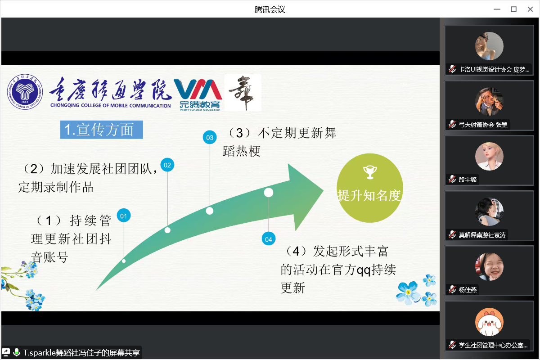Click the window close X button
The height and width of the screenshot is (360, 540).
point(530,9)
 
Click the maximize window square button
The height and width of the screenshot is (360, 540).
point(514,9)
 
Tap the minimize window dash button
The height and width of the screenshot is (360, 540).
point(497,9)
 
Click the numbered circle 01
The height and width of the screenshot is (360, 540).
point(124,216)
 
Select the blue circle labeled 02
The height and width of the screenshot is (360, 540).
point(167,165)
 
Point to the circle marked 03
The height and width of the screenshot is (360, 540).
point(210,137)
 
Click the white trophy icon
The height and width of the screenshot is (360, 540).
point(370,172)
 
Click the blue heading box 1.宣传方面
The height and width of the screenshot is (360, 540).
point(102,130)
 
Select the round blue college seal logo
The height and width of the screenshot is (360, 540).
point(25,92)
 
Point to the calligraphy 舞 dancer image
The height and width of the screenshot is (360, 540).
point(243,93)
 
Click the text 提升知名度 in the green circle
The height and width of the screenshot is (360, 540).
point(369,195)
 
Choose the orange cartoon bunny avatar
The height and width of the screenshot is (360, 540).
point(489,322)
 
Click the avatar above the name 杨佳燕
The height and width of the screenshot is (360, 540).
point(489,267)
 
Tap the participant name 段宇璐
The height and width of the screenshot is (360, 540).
point(468,180)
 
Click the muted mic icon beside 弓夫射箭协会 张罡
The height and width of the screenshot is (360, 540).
point(452,124)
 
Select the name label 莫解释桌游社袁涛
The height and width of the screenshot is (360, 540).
point(482,235)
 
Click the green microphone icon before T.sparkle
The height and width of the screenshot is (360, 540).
point(17,352)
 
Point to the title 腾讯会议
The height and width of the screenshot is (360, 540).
point(270,9)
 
